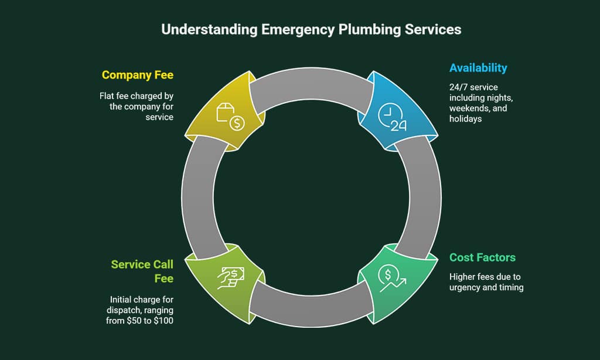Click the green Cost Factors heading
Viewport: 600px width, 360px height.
click(482, 257)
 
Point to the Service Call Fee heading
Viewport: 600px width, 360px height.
click(142, 271)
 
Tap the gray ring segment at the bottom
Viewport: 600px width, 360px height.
click(311, 305)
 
